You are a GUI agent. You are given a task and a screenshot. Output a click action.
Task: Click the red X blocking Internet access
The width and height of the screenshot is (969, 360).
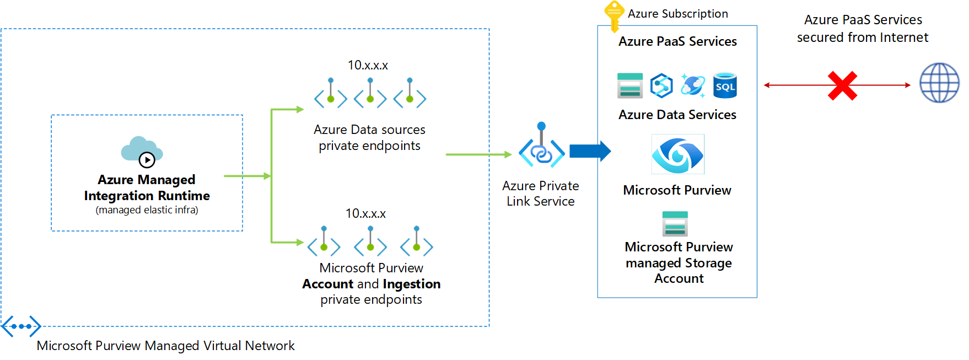pyautogui.click(x=842, y=85)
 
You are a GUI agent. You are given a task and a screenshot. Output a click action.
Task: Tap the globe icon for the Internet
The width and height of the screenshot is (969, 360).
pyautogui.click(x=939, y=83)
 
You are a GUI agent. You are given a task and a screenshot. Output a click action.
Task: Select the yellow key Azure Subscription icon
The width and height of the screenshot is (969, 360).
pyautogui.click(x=613, y=15)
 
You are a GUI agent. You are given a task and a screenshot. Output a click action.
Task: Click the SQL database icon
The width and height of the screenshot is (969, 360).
pyautogui.click(x=725, y=85)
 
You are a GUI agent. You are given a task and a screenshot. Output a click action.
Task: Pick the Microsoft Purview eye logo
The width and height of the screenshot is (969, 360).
pyautogui.click(x=677, y=154)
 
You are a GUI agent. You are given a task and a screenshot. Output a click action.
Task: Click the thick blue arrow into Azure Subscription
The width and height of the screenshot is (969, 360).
pyautogui.click(x=590, y=151)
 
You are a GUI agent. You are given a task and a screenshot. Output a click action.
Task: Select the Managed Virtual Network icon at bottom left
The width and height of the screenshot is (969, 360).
pyautogui.click(x=21, y=326)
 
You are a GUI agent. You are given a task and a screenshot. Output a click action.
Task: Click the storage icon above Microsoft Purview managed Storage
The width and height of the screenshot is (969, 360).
pyautogui.click(x=675, y=224)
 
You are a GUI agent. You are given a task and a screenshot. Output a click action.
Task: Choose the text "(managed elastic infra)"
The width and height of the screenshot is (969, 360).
pyautogui.click(x=147, y=210)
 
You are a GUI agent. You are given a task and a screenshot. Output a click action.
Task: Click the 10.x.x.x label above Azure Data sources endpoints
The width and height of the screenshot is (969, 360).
pyautogui.click(x=368, y=66)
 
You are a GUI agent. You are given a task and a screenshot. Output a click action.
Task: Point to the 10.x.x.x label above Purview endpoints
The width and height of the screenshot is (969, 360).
pyautogui.click(x=365, y=214)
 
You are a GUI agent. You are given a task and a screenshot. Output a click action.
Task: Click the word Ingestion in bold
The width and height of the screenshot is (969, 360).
pyautogui.click(x=411, y=284)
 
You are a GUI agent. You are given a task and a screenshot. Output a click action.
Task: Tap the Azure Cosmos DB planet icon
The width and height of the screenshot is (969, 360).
pyautogui.click(x=693, y=85)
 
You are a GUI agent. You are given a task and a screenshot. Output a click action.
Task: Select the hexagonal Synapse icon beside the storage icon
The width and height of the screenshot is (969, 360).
pyautogui.click(x=661, y=85)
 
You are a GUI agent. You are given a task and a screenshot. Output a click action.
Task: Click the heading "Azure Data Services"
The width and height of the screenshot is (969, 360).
pyautogui.click(x=677, y=115)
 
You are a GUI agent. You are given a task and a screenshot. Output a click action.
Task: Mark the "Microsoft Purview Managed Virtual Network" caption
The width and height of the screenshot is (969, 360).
pyautogui.click(x=165, y=346)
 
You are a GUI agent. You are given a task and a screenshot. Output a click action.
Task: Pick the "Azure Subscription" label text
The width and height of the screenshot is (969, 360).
pyautogui.click(x=677, y=14)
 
